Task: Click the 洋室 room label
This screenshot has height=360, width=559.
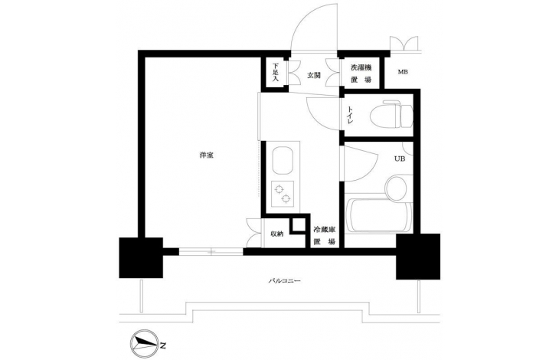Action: pos(207,155)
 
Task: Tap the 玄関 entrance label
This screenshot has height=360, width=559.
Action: pos(314,75)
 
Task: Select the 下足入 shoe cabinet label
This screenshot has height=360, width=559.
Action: pos(275,72)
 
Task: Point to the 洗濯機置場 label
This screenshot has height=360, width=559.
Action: pos(361,74)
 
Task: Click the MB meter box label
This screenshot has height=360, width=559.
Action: pos(403,72)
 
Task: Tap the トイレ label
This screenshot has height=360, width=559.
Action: pos(350,115)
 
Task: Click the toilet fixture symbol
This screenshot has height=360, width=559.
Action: pos(391,114)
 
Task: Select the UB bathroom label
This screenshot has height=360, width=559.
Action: pos(400,159)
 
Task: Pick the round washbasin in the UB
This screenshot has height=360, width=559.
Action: pos(396,187)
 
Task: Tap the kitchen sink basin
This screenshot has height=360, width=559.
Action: pos(283,161)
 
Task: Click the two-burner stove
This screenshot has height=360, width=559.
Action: pos(283,195)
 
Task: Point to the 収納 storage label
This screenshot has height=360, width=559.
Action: pos(277,234)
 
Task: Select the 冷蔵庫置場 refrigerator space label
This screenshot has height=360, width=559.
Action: pos(325,236)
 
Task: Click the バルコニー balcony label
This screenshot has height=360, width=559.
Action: pos(285,281)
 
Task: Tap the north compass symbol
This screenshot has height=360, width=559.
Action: pos(145,344)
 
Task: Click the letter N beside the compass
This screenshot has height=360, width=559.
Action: pos(163,345)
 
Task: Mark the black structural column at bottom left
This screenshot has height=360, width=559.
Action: pos(141,257)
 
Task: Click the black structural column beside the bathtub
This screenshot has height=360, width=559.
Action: pos(418,257)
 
